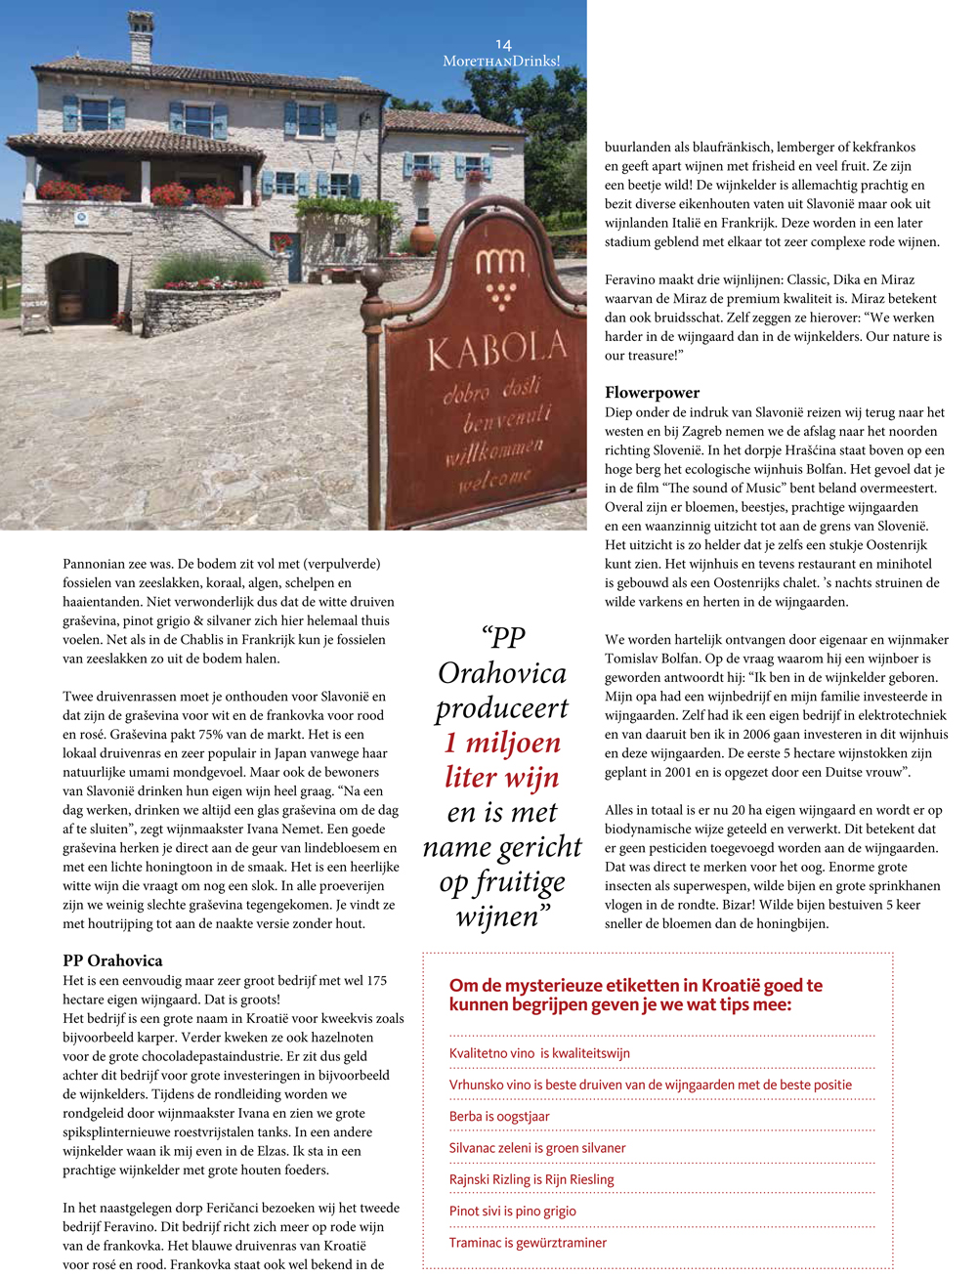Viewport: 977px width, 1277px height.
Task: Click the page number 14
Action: pyautogui.click(x=503, y=45)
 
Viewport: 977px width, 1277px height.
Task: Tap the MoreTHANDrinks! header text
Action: pyautogui.click(x=501, y=61)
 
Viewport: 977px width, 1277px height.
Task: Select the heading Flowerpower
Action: pyautogui.click(x=652, y=393)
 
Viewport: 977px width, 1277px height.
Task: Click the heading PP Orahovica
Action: pyautogui.click(x=112, y=960)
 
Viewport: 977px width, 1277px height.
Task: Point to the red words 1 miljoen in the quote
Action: pyautogui.click(x=502, y=743)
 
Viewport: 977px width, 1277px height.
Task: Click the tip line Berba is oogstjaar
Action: pyautogui.click(x=499, y=1117)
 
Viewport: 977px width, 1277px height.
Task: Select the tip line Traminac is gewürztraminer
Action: pyautogui.click(x=528, y=1243)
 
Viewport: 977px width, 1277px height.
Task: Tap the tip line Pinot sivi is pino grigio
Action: pyautogui.click(x=512, y=1212)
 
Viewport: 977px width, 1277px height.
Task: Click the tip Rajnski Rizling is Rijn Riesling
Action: pyautogui.click(x=531, y=1179)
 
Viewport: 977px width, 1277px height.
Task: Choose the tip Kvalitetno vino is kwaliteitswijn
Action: pyautogui.click(x=539, y=1053)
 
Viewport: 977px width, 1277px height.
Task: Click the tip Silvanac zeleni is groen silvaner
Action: pyautogui.click(x=537, y=1148)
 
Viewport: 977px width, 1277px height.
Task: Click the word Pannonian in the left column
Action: pyautogui.click(x=96, y=564)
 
